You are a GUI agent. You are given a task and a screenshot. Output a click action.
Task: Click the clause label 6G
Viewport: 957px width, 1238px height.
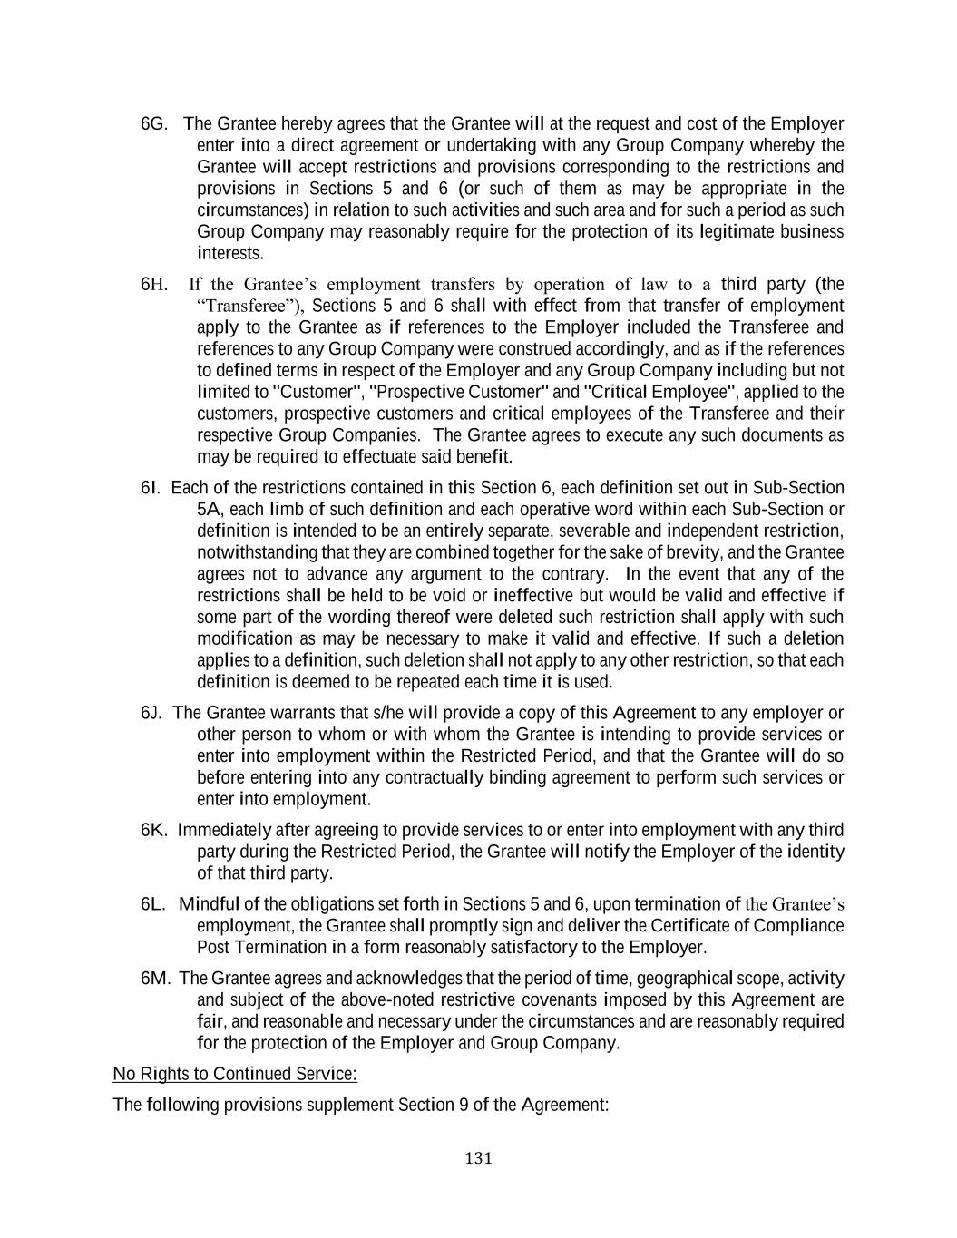154,124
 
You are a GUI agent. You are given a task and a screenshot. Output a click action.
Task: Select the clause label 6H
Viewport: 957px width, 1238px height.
154,285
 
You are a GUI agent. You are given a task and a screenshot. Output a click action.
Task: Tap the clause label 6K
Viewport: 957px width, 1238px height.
154,831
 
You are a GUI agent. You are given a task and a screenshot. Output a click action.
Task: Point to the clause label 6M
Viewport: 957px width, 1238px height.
156,980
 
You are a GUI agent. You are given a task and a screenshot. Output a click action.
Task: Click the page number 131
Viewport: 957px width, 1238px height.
478,1158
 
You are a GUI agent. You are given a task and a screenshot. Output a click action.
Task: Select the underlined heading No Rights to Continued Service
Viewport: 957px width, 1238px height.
235,1075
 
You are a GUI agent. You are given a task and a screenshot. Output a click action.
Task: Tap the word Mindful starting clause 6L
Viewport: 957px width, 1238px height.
212,905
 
